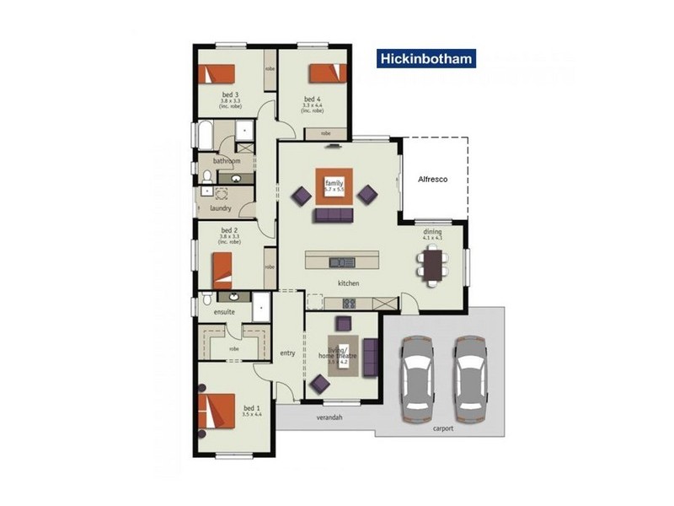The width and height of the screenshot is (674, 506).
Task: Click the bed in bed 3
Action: (x=217, y=73)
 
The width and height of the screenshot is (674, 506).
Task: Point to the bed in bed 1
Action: (x=217, y=412)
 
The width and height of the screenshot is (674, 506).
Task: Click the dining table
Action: (x=433, y=266)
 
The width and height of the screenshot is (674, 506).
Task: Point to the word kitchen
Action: (x=349, y=283)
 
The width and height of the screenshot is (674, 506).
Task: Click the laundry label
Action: (x=221, y=207)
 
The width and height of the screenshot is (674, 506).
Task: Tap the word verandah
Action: (x=329, y=417)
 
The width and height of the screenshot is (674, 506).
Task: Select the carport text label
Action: (x=443, y=428)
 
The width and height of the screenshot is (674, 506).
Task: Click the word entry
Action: (x=287, y=353)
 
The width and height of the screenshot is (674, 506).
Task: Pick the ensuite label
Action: (x=223, y=312)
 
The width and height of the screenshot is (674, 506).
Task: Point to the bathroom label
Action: (x=227, y=161)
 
